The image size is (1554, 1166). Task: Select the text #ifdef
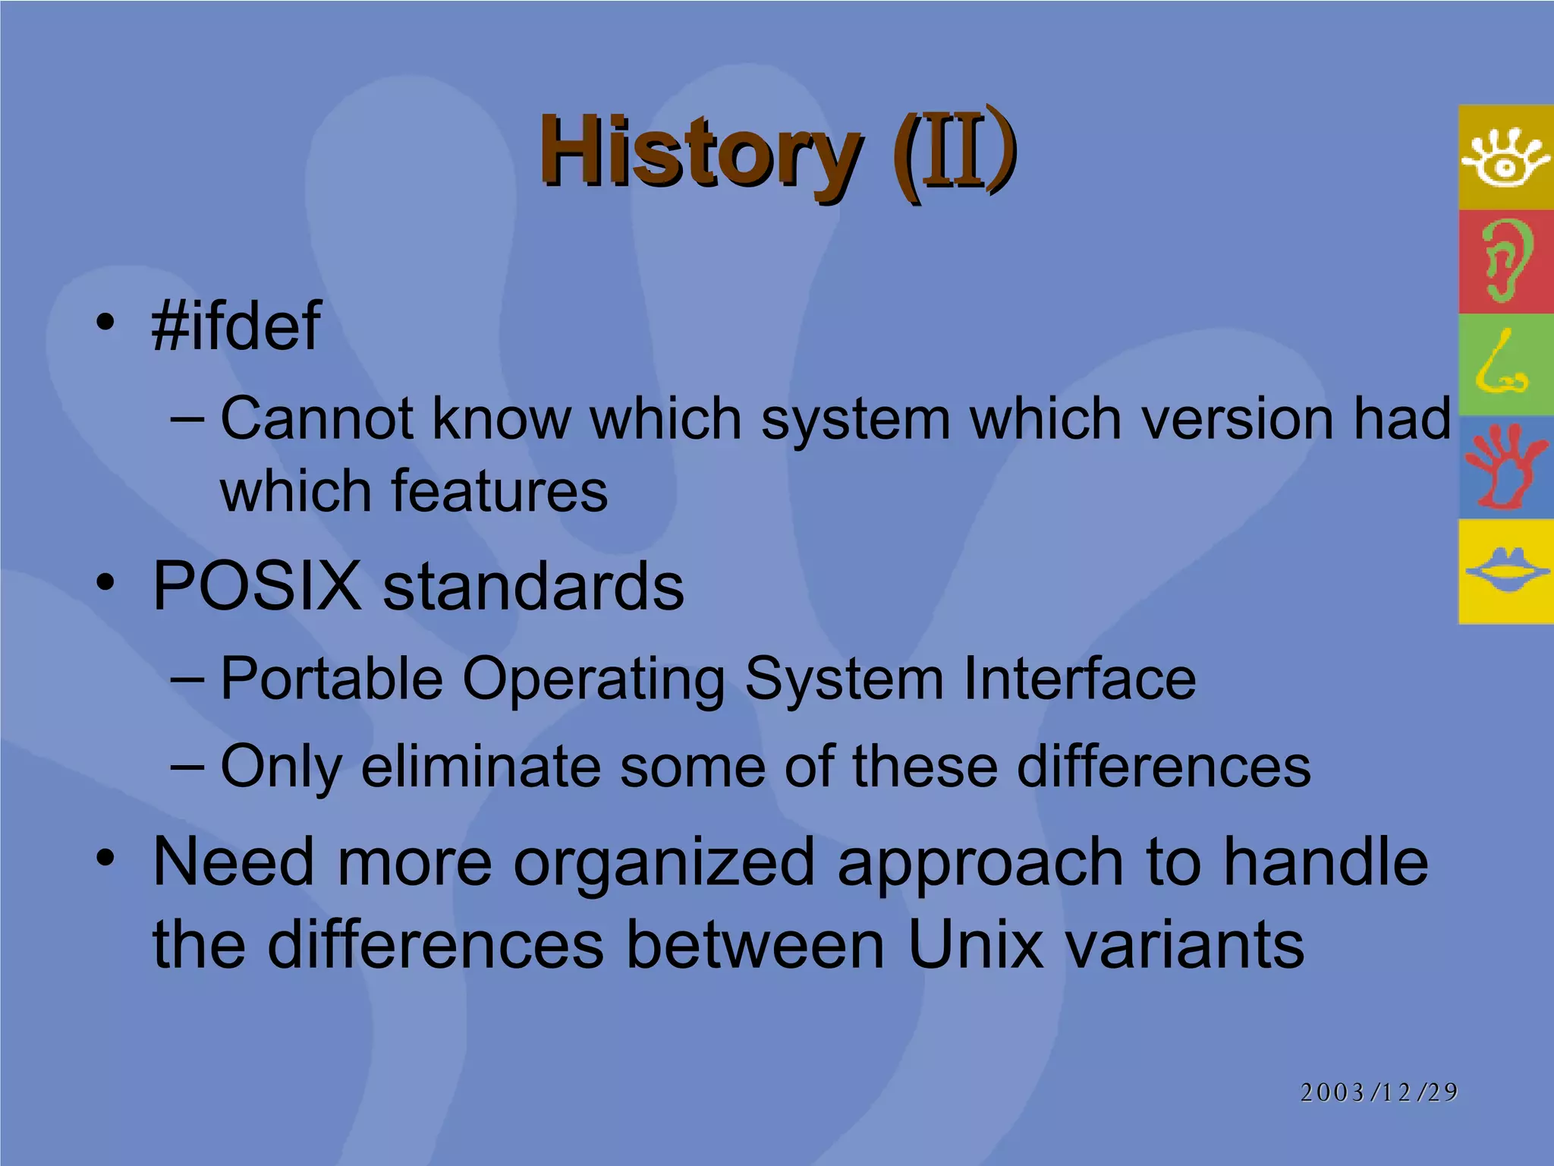236,326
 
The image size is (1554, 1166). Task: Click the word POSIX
256,586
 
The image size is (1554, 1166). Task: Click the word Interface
1079,678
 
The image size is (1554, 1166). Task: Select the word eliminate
480,766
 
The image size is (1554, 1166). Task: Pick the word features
499,491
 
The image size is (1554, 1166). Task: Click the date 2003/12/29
1379,1092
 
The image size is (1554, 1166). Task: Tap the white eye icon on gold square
1505,158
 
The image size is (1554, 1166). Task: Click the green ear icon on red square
1505,260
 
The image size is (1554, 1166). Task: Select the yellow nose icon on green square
1502,364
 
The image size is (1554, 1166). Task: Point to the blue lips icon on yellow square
1505,571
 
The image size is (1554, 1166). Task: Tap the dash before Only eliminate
187,766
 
